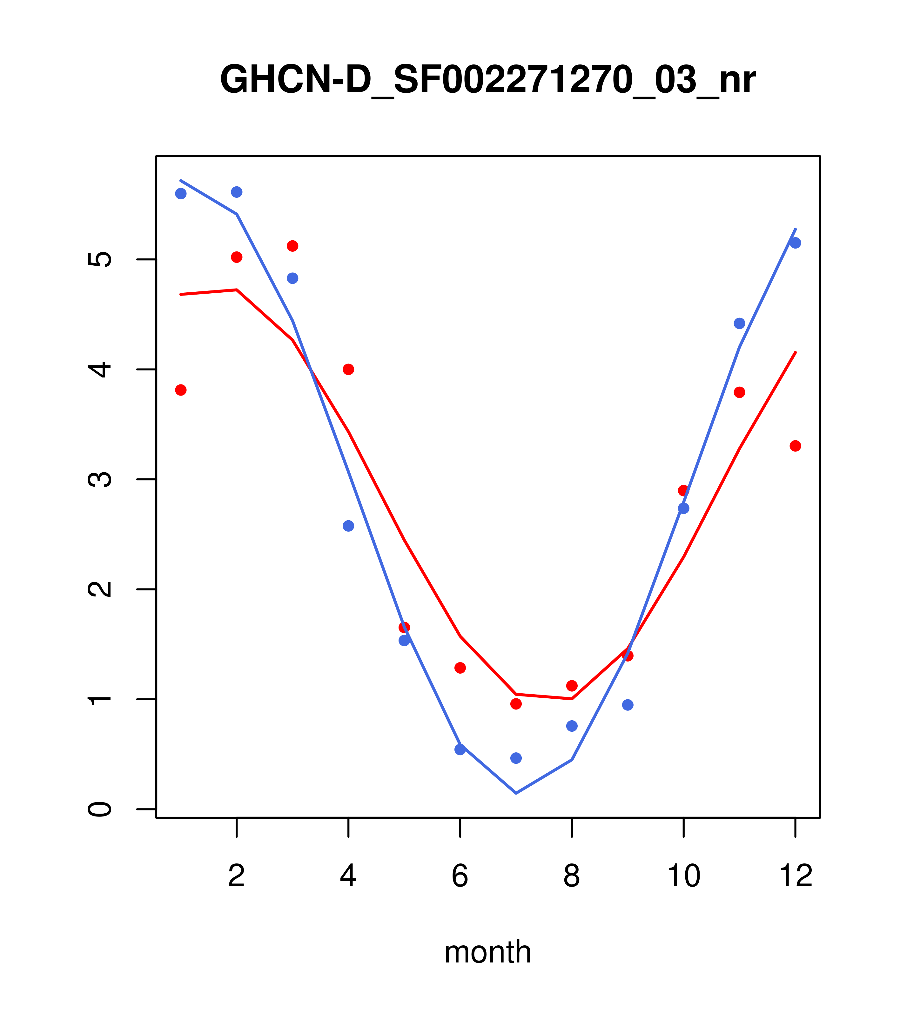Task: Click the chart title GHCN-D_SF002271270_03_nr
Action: pos(487,80)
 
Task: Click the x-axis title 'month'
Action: pos(487,952)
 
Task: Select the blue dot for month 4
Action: pos(348,526)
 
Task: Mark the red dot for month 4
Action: pos(348,370)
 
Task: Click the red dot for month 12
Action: pos(796,446)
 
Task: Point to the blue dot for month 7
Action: pos(516,758)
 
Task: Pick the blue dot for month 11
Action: pos(740,323)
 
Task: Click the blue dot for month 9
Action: pos(628,705)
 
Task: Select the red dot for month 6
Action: pos(460,668)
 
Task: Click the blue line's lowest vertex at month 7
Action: pos(516,793)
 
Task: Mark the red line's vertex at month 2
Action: pos(237,290)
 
